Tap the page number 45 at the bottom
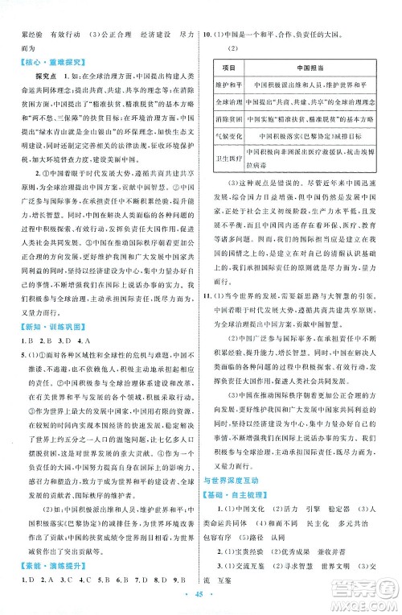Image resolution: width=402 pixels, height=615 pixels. click(x=199, y=598)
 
